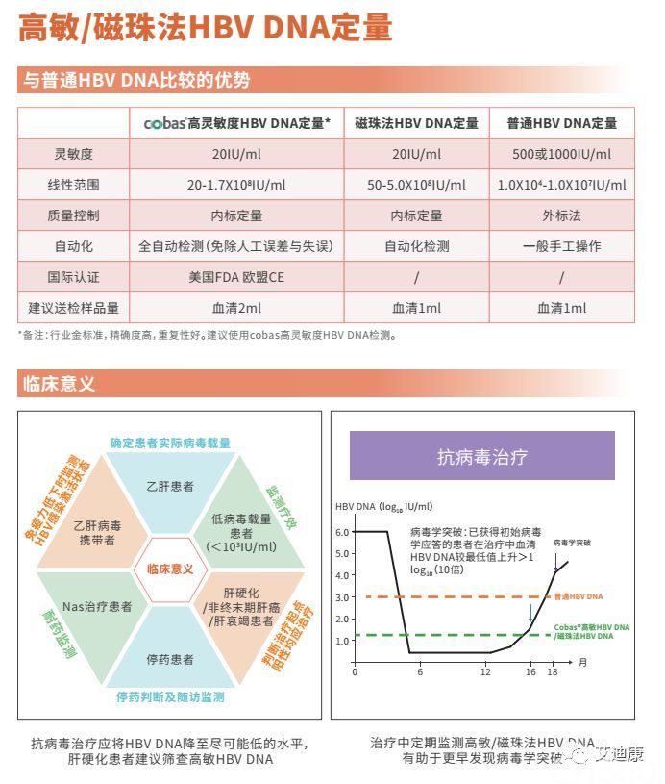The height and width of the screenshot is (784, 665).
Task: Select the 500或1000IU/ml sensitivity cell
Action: pyautogui.click(x=562, y=154)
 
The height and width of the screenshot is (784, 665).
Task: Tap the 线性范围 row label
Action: pyautogui.click(x=74, y=185)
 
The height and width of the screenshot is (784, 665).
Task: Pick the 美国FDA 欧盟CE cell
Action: pyautogui.click(x=235, y=277)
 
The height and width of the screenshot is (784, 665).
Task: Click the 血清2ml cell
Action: pyautogui.click(x=235, y=308)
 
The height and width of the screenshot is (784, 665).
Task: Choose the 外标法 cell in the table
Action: pyautogui.click(x=562, y=215)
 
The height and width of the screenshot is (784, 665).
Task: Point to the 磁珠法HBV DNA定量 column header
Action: pyautogui.click(x=416, y=123)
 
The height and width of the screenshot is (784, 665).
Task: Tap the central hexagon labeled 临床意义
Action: pyautogui.click(x=170, y=569)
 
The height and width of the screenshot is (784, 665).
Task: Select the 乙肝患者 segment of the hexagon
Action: pyautogui.click(x=170, y=486)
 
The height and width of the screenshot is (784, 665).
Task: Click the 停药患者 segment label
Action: pyautogui.click(x=170, y=659)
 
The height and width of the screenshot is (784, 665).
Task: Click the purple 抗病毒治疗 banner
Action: pyautogui.click(x=481, y=455)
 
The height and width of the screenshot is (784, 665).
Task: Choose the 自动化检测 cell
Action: pyautogui.click(x=416, y=246)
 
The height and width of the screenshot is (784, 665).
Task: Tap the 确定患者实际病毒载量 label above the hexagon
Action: pyautogui.click(x=170, y=443)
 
